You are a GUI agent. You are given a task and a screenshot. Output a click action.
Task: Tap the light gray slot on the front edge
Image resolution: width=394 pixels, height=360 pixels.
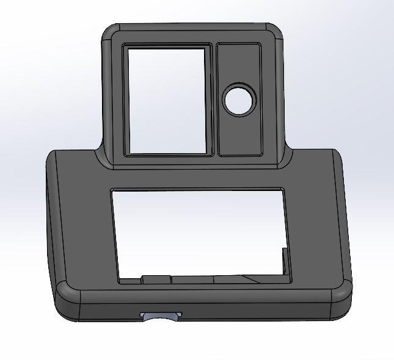click(x=161, y=315)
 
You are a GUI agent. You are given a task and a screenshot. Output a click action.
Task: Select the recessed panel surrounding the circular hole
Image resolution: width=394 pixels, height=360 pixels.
click(x=239, y=131)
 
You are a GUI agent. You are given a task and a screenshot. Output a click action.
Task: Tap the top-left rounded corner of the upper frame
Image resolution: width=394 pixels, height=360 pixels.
click(x=110, y=34)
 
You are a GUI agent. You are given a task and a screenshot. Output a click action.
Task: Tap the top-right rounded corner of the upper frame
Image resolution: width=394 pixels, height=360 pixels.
click(x=274, y=33)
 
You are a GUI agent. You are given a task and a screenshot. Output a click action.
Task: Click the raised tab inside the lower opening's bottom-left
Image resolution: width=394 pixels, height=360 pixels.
click(x=156, y=279)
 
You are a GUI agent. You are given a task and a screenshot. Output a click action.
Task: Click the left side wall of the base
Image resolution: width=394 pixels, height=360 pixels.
click(x=53, y=220)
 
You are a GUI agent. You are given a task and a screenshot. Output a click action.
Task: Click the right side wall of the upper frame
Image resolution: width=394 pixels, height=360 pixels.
click(x=282, y=98)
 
